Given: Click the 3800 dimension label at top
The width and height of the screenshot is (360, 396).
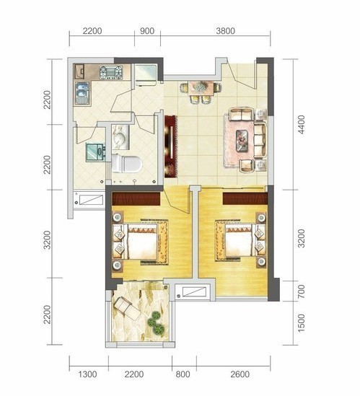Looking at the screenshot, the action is pos(225,31).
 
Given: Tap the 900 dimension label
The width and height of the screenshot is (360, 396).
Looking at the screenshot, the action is pos(147,31).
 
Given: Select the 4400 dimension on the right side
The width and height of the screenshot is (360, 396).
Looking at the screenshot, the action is pos(302,125).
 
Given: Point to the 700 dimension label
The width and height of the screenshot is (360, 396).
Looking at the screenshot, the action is pos(302,291).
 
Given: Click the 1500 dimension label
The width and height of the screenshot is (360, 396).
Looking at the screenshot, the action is pos(302,323).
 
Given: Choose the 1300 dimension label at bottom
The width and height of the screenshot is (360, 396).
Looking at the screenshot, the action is pos(87,374).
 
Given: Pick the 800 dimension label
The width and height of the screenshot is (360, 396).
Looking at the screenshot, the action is pos(183,374).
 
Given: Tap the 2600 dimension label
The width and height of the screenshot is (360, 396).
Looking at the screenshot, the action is pos(240,374).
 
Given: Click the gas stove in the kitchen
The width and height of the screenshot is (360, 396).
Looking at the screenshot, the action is pos(111,72).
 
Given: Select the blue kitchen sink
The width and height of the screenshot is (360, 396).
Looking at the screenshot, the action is pos(82,93).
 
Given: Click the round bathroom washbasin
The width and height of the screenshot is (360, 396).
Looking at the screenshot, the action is pos(120,138).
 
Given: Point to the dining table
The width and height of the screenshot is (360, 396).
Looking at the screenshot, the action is pos(201,87).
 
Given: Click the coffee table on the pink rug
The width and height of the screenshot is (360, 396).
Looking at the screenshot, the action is pos(242,141).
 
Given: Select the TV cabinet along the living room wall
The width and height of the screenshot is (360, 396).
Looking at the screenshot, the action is pos(170,146).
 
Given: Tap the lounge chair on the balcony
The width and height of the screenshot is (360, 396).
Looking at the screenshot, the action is pos(127,309).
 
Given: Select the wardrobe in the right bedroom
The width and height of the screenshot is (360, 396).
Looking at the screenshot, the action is pos(245,199).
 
